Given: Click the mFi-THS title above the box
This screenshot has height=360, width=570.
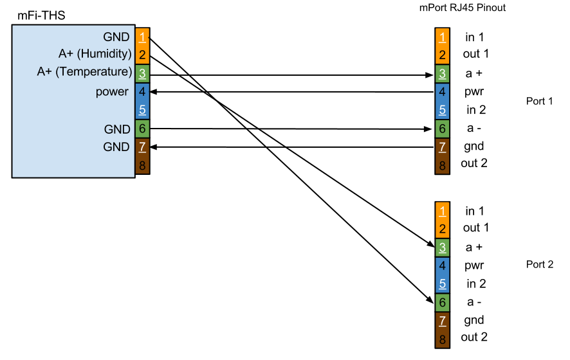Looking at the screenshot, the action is (41, 15).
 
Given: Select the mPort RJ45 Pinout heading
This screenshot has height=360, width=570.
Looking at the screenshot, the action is (463, 8).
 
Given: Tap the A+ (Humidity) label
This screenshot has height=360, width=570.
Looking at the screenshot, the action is (95, 54).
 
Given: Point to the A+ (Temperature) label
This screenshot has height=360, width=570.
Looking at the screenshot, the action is (84, 71).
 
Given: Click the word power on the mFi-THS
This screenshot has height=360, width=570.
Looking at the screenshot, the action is (112, 92).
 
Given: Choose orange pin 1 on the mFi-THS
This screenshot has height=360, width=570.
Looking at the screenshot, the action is (143, 37).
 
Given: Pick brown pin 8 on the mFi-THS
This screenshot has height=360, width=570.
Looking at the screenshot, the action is (143, 165).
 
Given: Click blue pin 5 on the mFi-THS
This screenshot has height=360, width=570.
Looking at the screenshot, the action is (143, 110).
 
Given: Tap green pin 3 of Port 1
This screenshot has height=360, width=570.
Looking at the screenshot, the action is (443, 74).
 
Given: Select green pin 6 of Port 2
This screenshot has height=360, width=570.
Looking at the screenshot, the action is (443, 302).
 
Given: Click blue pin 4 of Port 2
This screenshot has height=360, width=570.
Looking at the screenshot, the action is (443, 265).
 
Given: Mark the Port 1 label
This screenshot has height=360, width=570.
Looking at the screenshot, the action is (540, 101).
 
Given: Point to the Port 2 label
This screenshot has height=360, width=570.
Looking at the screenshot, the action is (540, 264).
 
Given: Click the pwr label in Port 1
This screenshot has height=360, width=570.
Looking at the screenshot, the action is (474, 92).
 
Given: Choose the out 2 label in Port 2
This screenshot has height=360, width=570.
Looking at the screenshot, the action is (474, 337).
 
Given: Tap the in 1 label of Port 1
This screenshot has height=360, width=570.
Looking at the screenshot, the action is (474, 37).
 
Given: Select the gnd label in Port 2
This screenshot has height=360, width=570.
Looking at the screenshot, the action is (474, 320).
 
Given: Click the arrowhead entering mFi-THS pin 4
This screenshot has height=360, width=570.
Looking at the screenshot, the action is (153, 92).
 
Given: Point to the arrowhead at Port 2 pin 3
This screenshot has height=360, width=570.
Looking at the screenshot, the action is (432, 244).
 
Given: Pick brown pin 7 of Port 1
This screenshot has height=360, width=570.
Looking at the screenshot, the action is (443, 147).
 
